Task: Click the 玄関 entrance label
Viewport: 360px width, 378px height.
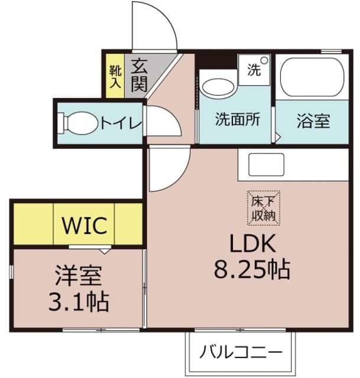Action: click(139, 75)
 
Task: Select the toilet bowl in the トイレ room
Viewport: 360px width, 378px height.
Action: click(77, 123)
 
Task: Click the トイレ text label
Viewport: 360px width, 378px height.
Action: click(121, 123)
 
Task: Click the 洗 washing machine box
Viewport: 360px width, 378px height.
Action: click(254, 70)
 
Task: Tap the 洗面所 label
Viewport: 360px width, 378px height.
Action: click(236, 120)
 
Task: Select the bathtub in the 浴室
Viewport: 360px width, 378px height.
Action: click(312, 77)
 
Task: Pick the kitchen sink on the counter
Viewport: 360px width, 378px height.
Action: click(266, 164)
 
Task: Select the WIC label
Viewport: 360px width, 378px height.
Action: click(84, 224)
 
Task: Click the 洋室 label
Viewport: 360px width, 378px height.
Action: click(78, 276)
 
